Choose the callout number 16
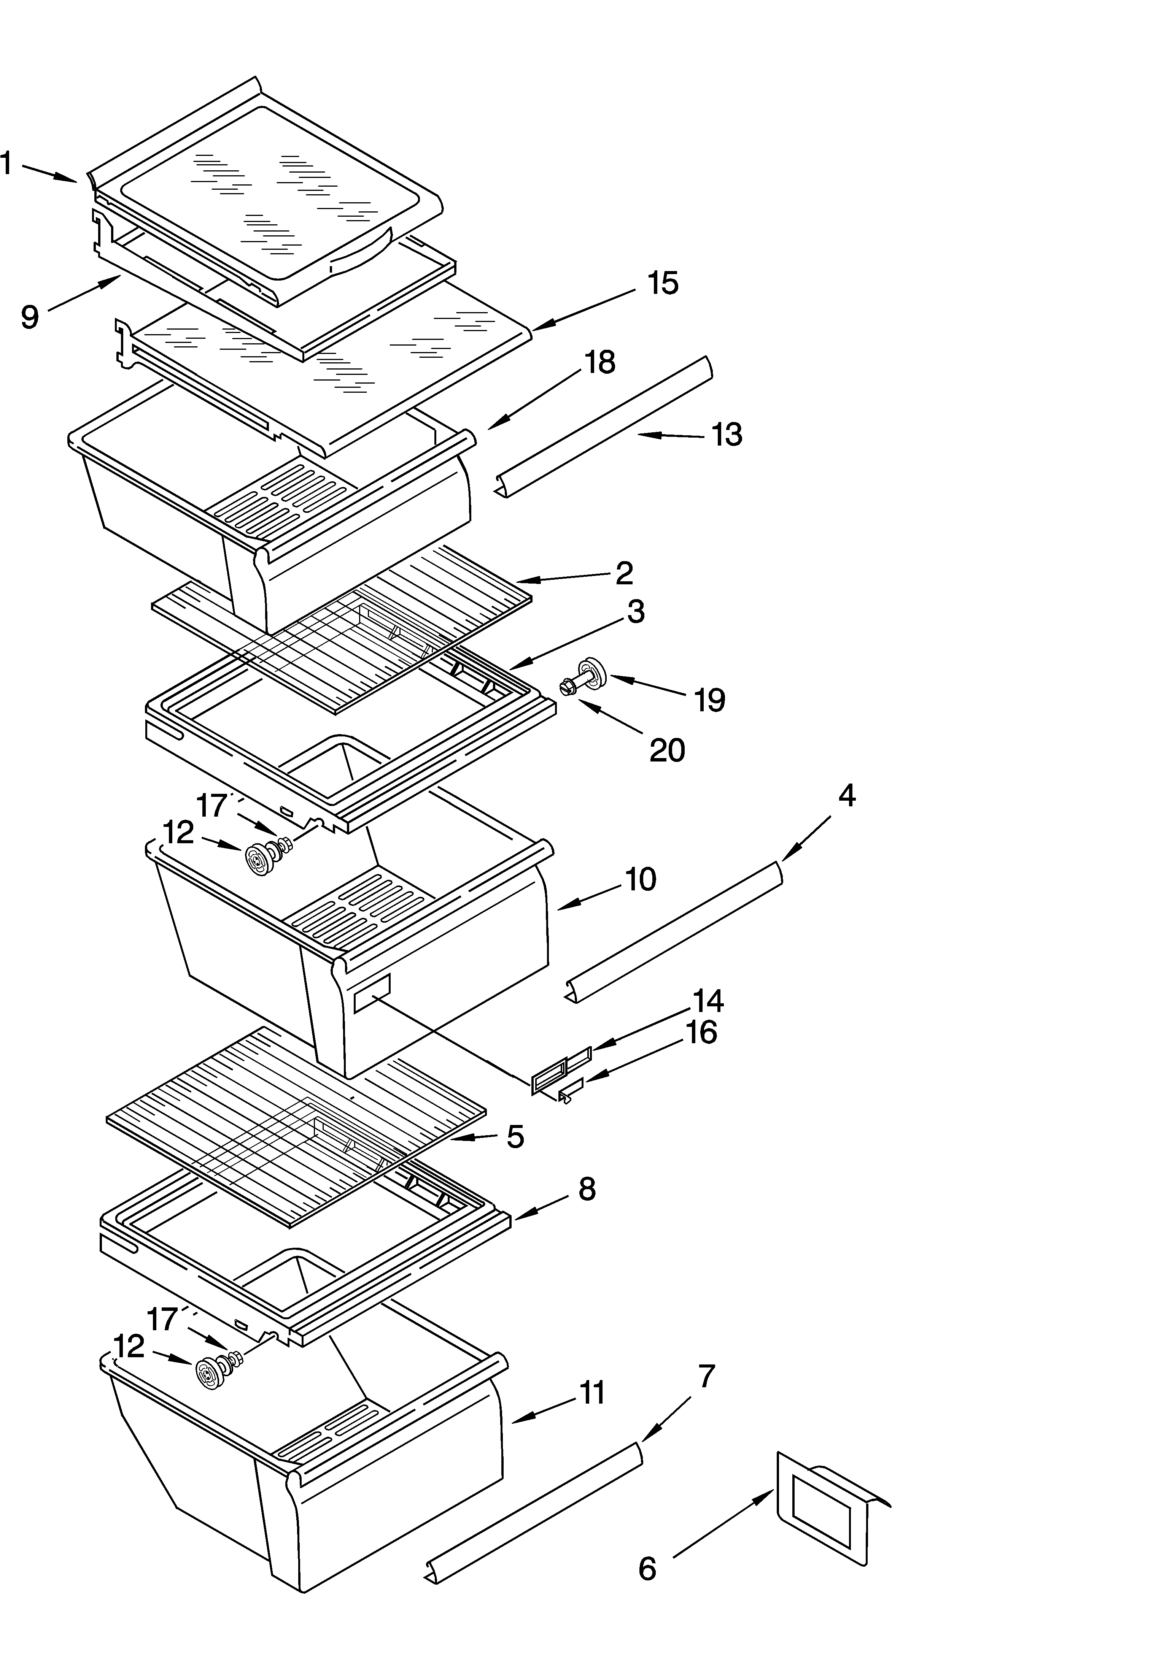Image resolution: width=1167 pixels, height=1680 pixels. coord(701,1033)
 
